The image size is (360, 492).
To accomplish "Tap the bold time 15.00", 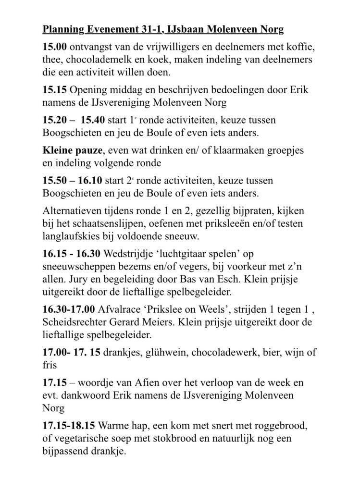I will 54,48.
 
